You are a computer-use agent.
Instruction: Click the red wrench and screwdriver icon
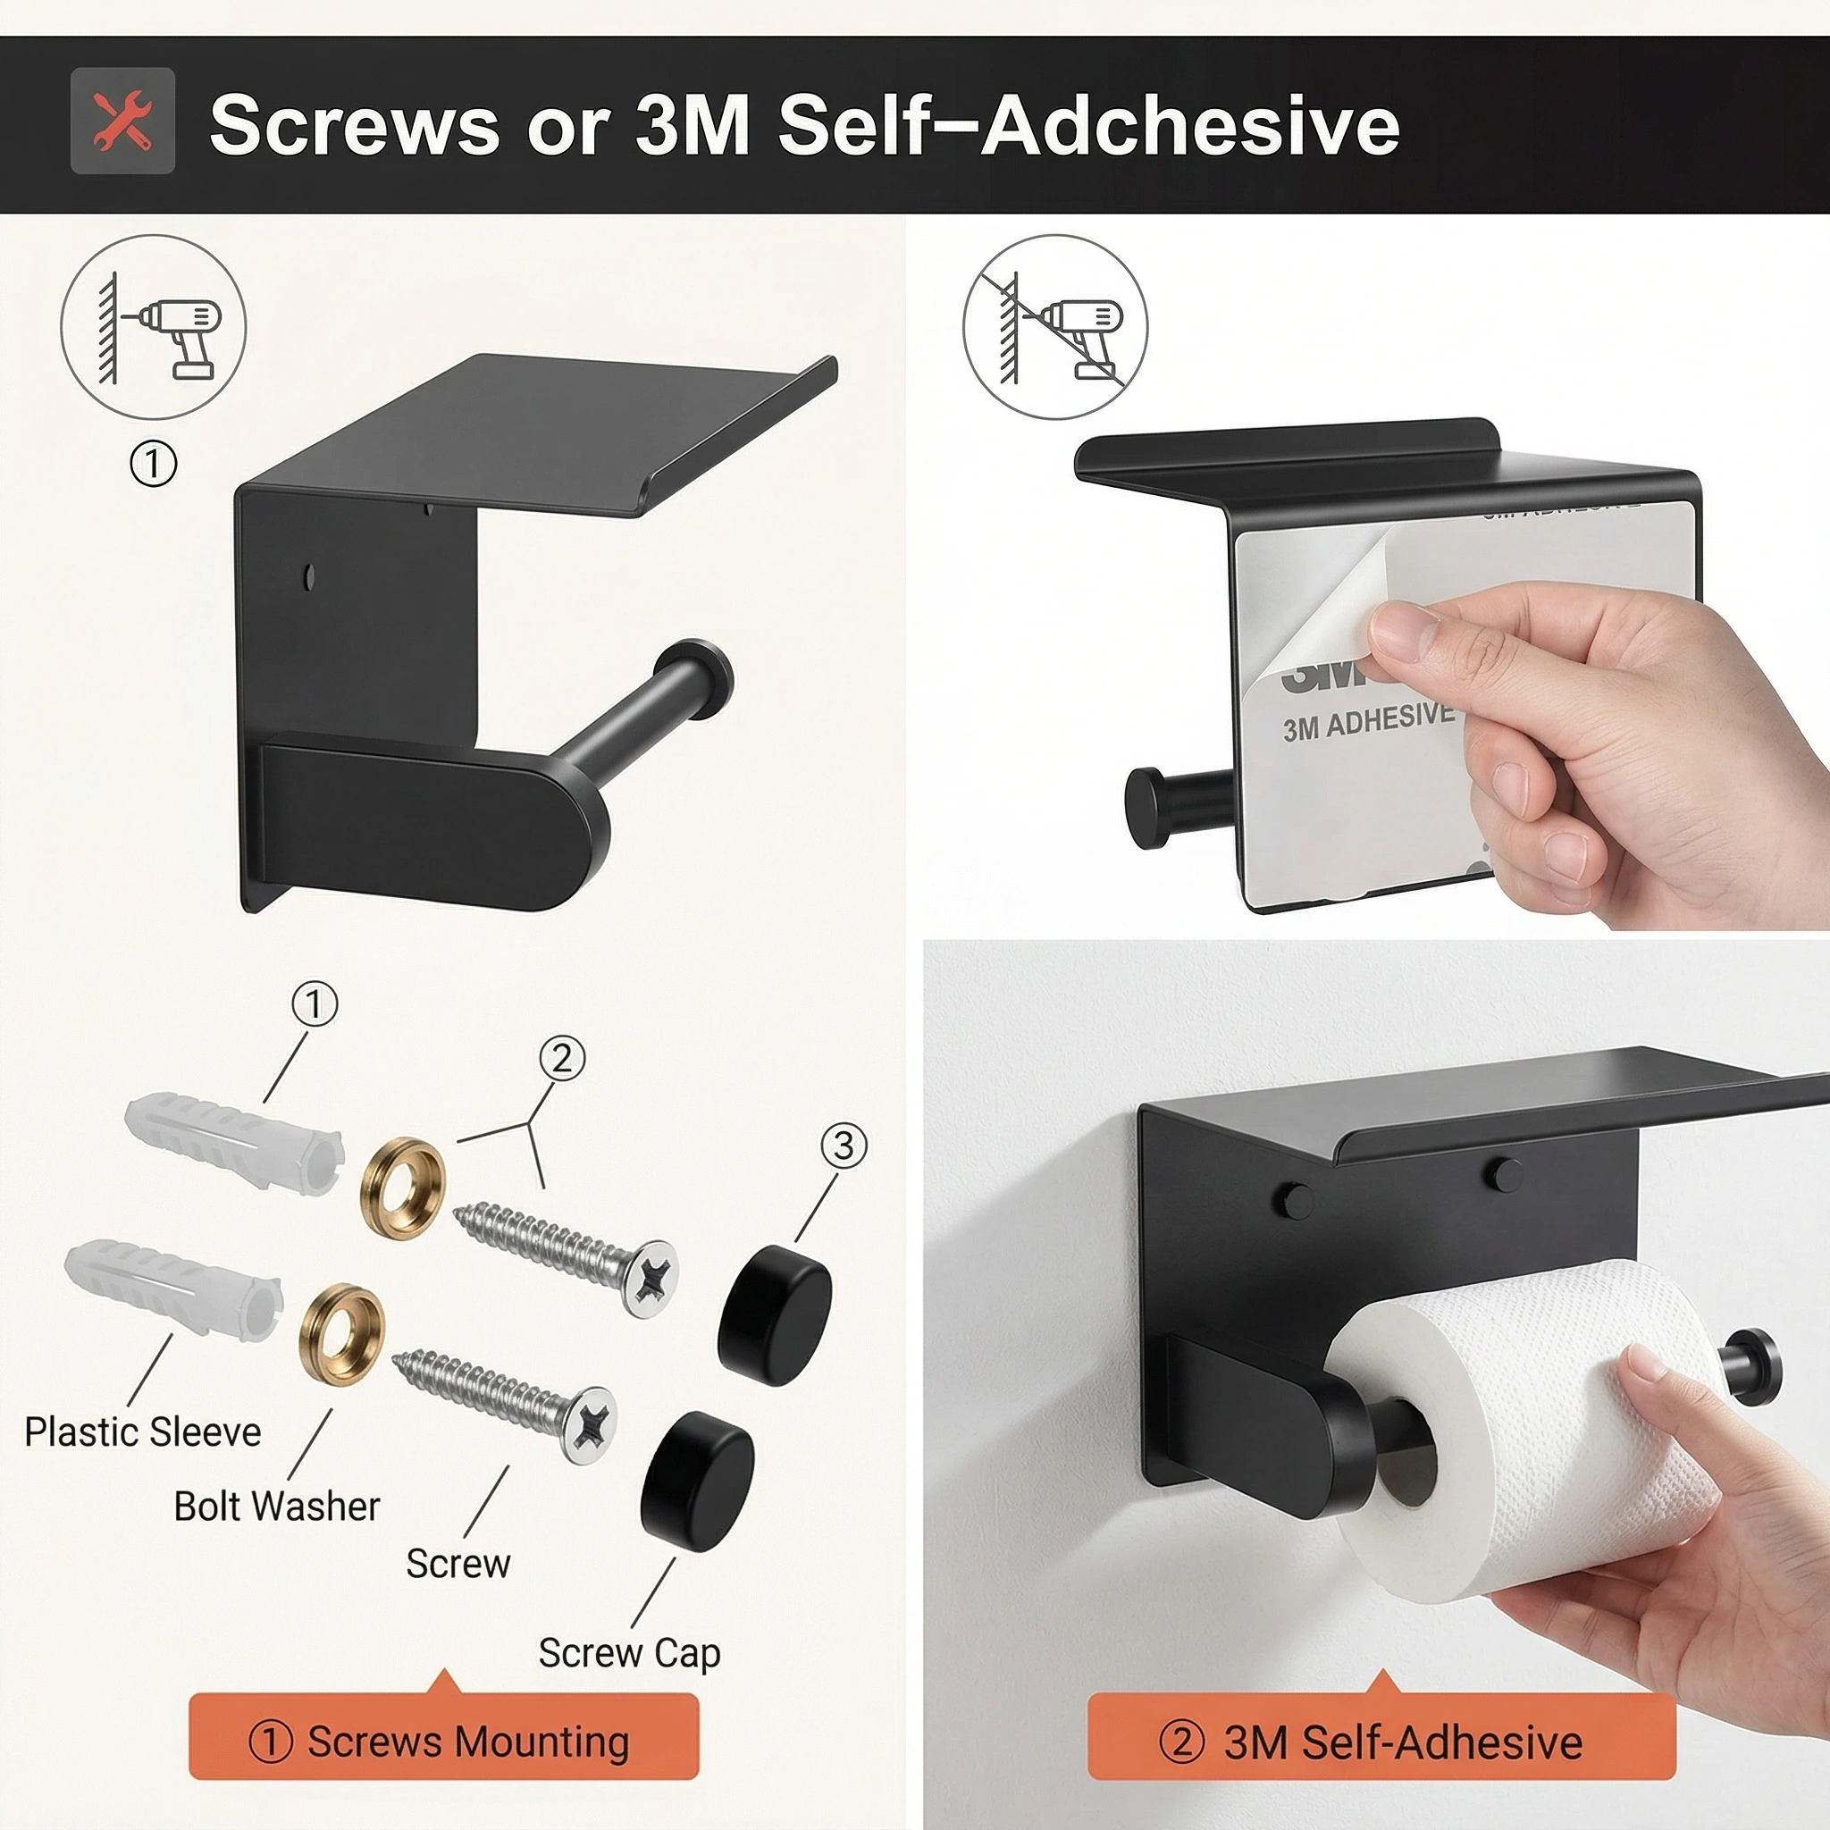[122, 121]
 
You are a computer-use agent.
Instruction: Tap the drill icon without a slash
[154, 328]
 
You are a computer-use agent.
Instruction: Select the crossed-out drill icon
[1055, 328]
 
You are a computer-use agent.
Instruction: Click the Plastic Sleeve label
[142, 1432]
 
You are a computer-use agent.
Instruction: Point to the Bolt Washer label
[277, 1506]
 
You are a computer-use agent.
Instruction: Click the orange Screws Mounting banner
[443, 1741]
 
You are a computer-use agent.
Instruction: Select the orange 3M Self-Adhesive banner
[1381, 1741]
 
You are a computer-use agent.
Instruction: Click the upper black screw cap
[774, 1315]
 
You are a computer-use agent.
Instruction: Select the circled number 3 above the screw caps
[843, 1146]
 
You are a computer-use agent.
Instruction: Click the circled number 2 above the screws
[562, 1058]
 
